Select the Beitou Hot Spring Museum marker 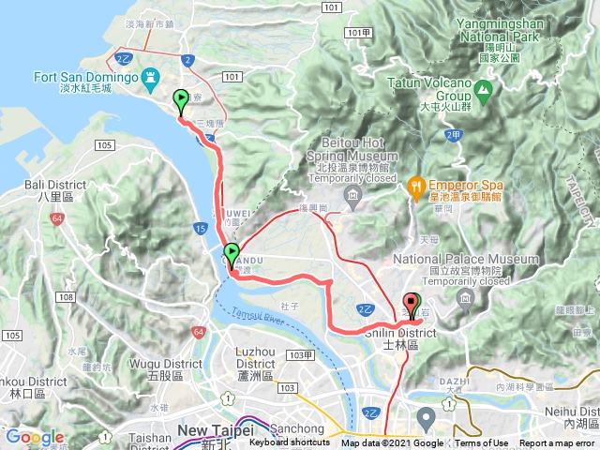pos(352,195)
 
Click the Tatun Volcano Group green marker pos(484,91)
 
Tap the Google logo pos(35,437)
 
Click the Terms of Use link pos(481,443)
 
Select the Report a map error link pos(557,443)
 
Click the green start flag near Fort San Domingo pos(180,97)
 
